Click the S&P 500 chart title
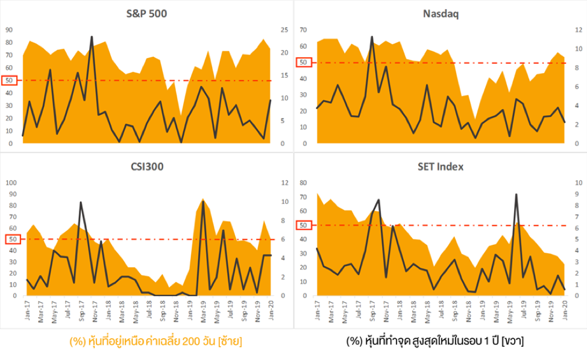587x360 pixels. click(146, 14)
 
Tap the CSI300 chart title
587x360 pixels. click(146, 167)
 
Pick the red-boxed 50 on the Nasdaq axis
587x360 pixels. click(303, 62)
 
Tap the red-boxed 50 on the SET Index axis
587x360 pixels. click(303, 226)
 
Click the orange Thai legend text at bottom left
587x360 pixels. click(156, 341)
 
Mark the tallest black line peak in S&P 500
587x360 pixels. click(92, 37)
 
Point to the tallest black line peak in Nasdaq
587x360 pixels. click(372, 37)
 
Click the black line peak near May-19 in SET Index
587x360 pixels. click(516, 194)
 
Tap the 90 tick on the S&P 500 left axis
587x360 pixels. click(9, 30)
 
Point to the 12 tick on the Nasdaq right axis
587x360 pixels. click(577, 30)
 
